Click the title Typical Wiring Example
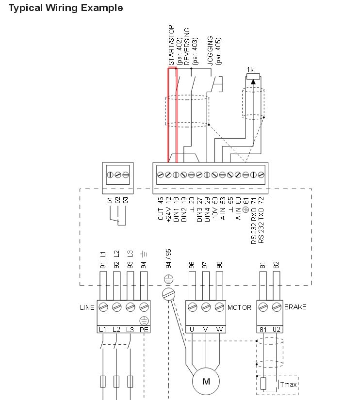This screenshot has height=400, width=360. click(65, 8)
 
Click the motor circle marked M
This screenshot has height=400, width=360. click(206, 381)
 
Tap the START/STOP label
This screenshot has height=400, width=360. click(171, 45)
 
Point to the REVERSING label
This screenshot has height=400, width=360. click(187, 47)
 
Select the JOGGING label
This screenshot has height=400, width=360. click(210, 51)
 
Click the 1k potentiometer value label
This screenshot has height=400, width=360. click(250, 69)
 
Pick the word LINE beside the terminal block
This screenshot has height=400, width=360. click(87, 307)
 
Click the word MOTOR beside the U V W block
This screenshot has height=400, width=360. click(239, 307)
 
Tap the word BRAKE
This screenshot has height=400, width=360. click(295, 307)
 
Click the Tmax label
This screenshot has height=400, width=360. click(288, 384)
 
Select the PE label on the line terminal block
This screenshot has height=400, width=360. click(144, 330)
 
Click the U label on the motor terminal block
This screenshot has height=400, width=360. click(192, 329)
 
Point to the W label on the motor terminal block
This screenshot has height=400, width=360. click(219, 329)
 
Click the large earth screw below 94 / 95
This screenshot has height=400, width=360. click(168, 294)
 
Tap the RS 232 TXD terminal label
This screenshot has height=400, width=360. click(261, 225)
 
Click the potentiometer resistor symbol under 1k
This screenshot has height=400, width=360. click(253, 77)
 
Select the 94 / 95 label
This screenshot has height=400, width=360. click(168, 259)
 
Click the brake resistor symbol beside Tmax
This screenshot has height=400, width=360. click(263, 384)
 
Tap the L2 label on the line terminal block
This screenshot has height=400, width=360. click(116, 330)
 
